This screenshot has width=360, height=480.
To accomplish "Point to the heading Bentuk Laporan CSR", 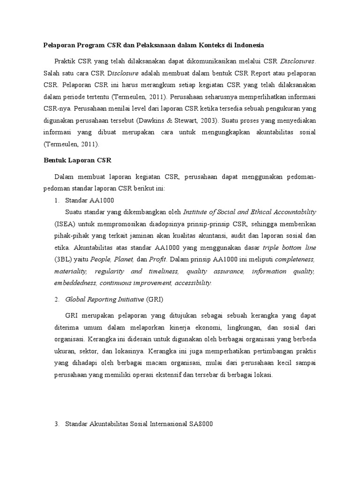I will [74, 160].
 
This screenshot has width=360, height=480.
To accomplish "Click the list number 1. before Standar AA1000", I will [57, 200].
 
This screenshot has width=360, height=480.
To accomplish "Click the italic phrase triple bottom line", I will [289, 247].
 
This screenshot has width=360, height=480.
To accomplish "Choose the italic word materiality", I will [70, 271].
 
